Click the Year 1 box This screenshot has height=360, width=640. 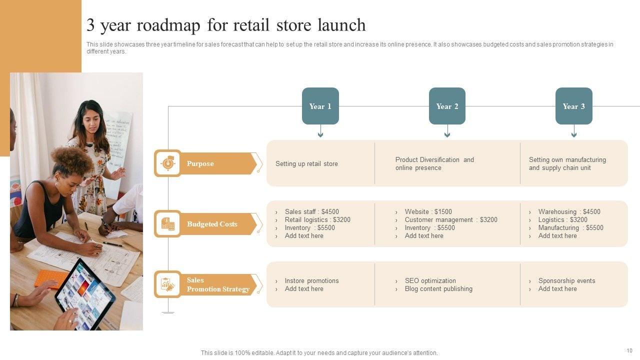point(320,106)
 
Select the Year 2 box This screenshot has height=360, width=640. point(447,106)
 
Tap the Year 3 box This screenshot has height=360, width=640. point(573,106)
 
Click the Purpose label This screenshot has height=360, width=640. point(200,163)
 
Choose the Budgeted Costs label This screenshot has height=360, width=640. point(212,224)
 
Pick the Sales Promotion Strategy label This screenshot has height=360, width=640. point(218,284)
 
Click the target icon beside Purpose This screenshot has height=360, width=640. point(168,163)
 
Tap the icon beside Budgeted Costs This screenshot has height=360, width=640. point(168,223)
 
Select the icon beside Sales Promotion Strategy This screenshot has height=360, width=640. point(168,284)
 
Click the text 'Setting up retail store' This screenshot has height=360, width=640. point(306,164)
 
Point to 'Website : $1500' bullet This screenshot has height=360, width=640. point(428,212)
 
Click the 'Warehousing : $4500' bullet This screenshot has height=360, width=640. point(569,212)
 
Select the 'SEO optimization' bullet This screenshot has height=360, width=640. point(430,281)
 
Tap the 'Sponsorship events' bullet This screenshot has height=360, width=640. point(566,281)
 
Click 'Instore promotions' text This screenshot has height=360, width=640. point(311,281)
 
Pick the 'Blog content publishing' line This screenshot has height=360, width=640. point(438,289)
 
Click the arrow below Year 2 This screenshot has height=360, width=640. point(447,132)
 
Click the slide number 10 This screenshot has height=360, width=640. point(629,350)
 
